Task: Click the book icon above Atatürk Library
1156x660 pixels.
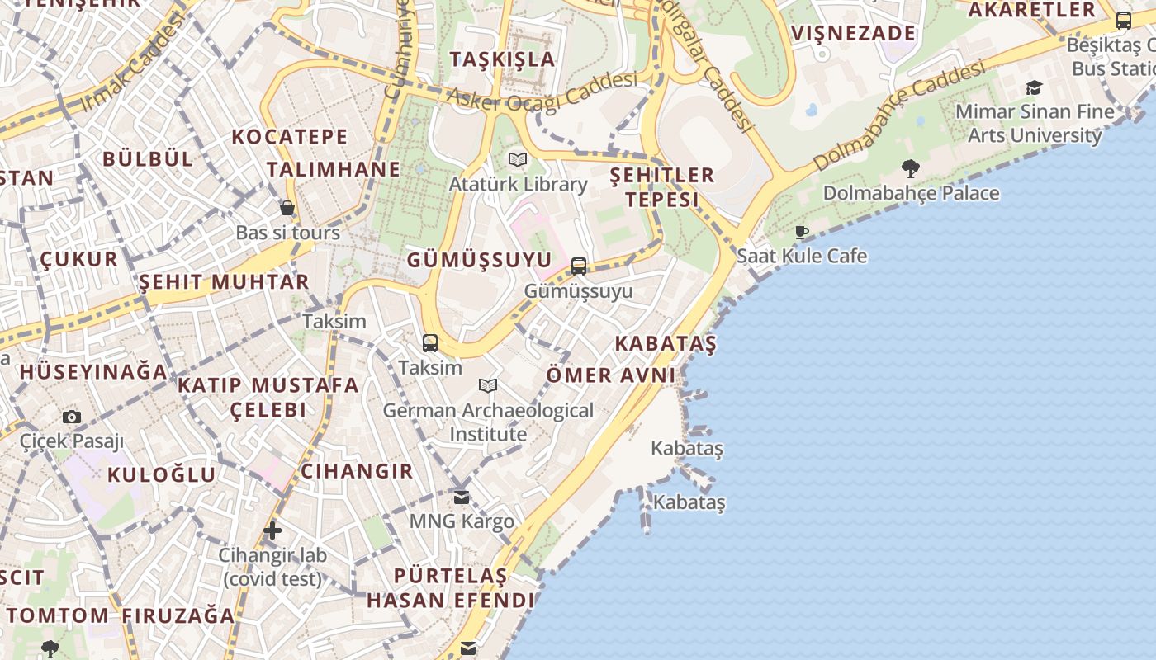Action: coord(518,159)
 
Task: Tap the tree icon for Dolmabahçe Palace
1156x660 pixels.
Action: coord(911,169)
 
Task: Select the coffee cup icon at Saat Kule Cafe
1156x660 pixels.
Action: coord(801,232)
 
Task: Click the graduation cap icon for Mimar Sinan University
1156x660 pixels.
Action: coord(1034,87)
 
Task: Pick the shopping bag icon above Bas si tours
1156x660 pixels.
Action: coord(287,208)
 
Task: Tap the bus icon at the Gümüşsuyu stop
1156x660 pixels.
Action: coord(579,266)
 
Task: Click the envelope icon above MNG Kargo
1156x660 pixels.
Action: coord(462,497)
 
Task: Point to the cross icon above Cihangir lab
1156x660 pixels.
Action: coord(272,530)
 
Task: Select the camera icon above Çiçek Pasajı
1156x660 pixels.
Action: coord(72,417)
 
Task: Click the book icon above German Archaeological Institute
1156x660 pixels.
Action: coord(488,385)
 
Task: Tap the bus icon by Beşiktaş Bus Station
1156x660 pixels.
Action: coord(1123,21)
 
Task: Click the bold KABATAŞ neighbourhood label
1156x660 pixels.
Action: coord(666,344)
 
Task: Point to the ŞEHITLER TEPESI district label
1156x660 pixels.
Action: coord(661,187)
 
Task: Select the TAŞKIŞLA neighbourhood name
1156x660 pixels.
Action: coord(502,59)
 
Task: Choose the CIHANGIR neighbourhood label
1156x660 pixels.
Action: coord(356,471)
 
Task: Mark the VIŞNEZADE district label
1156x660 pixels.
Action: coord(854,33)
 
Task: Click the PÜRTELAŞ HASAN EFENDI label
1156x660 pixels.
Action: coord(451,587)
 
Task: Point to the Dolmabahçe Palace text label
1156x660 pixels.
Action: coord(911,193)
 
